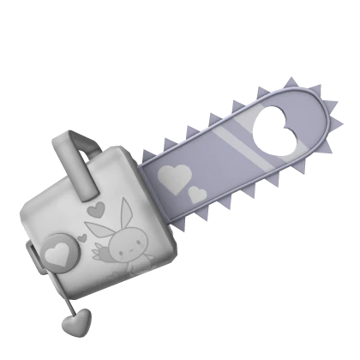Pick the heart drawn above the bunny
click(97, 208)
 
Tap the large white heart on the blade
click(175, 177)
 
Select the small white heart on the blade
click(197, 194)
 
